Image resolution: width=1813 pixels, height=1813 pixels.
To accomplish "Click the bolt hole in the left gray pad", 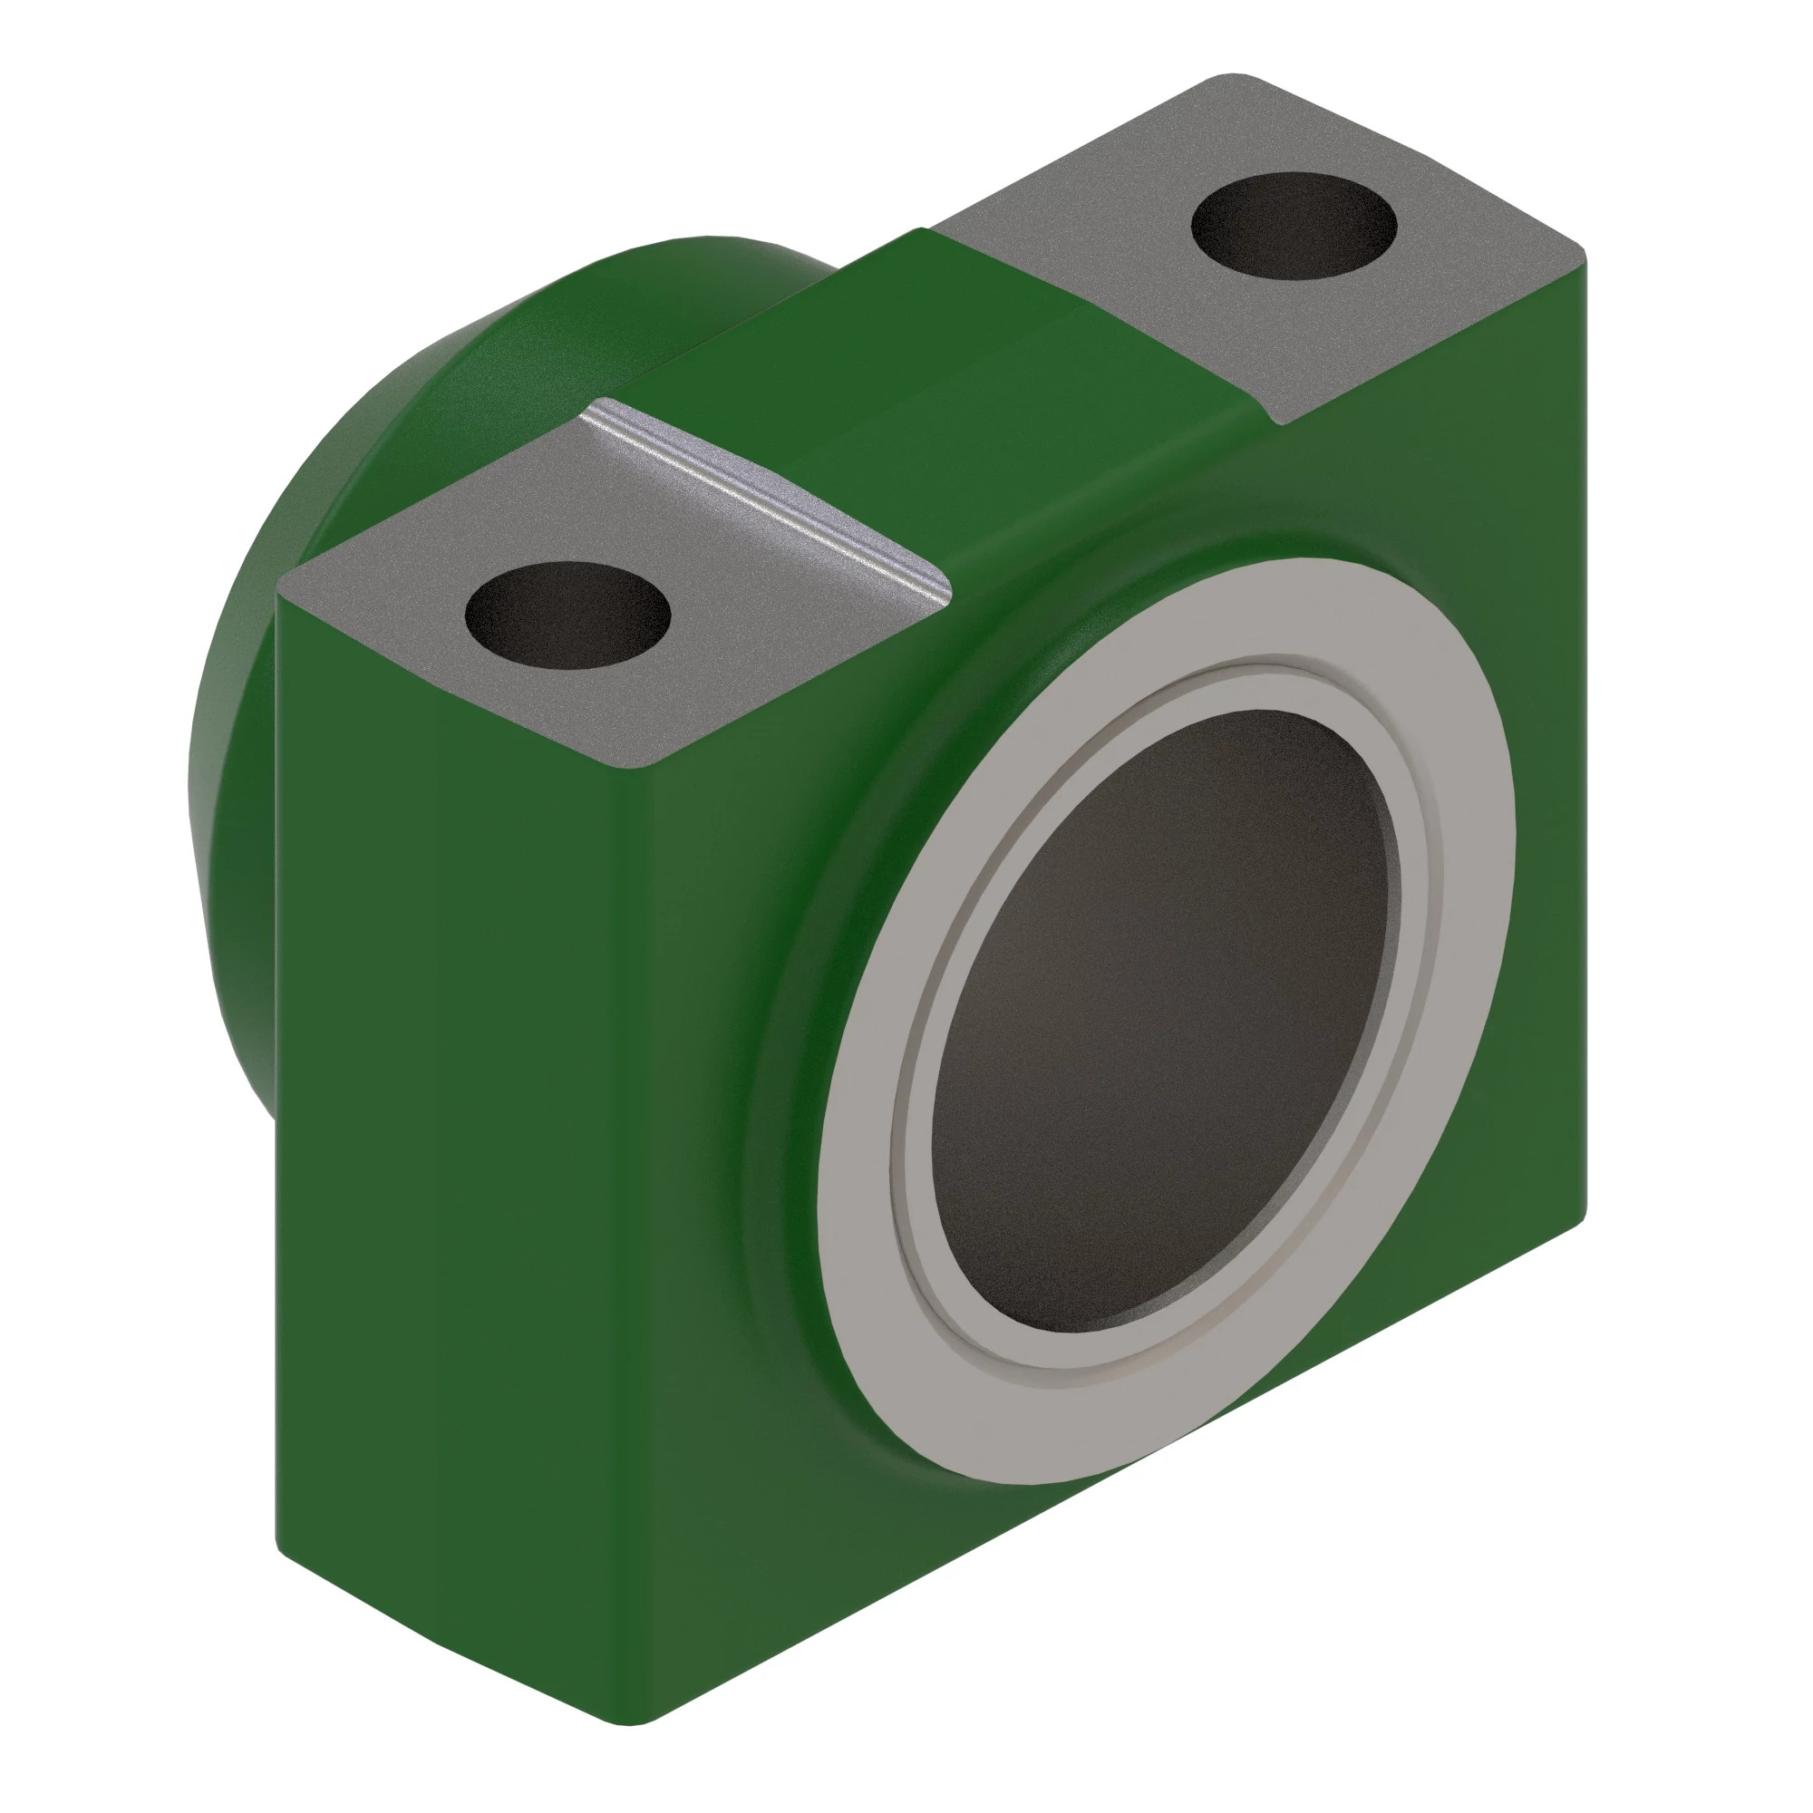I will [567, 616].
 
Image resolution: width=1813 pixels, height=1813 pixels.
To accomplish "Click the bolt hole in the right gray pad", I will [1294, 225].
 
